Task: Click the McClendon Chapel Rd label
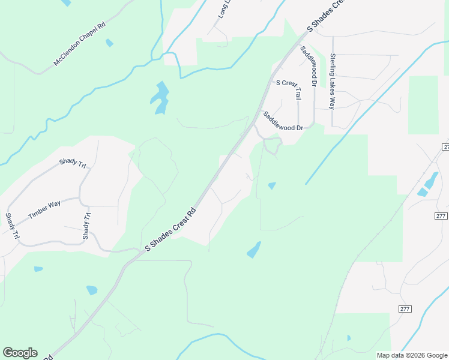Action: tap(80, 44)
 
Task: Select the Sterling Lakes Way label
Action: tap(332, 82)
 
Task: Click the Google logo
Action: tap(20, 353)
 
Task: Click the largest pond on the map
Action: tap(160, 97)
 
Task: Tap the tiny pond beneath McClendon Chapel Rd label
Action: tap(109, 43)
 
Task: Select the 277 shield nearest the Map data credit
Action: tap(405, 308)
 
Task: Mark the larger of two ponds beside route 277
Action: tap(432, 179)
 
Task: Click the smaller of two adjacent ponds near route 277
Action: tap(422, 192)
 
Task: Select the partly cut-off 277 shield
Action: tap(445, 147)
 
